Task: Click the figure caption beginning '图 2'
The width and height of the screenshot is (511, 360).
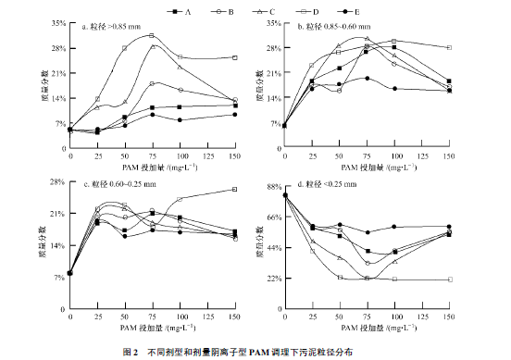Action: tap(255, 352)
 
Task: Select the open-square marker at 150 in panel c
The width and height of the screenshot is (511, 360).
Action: tap(234, 189)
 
